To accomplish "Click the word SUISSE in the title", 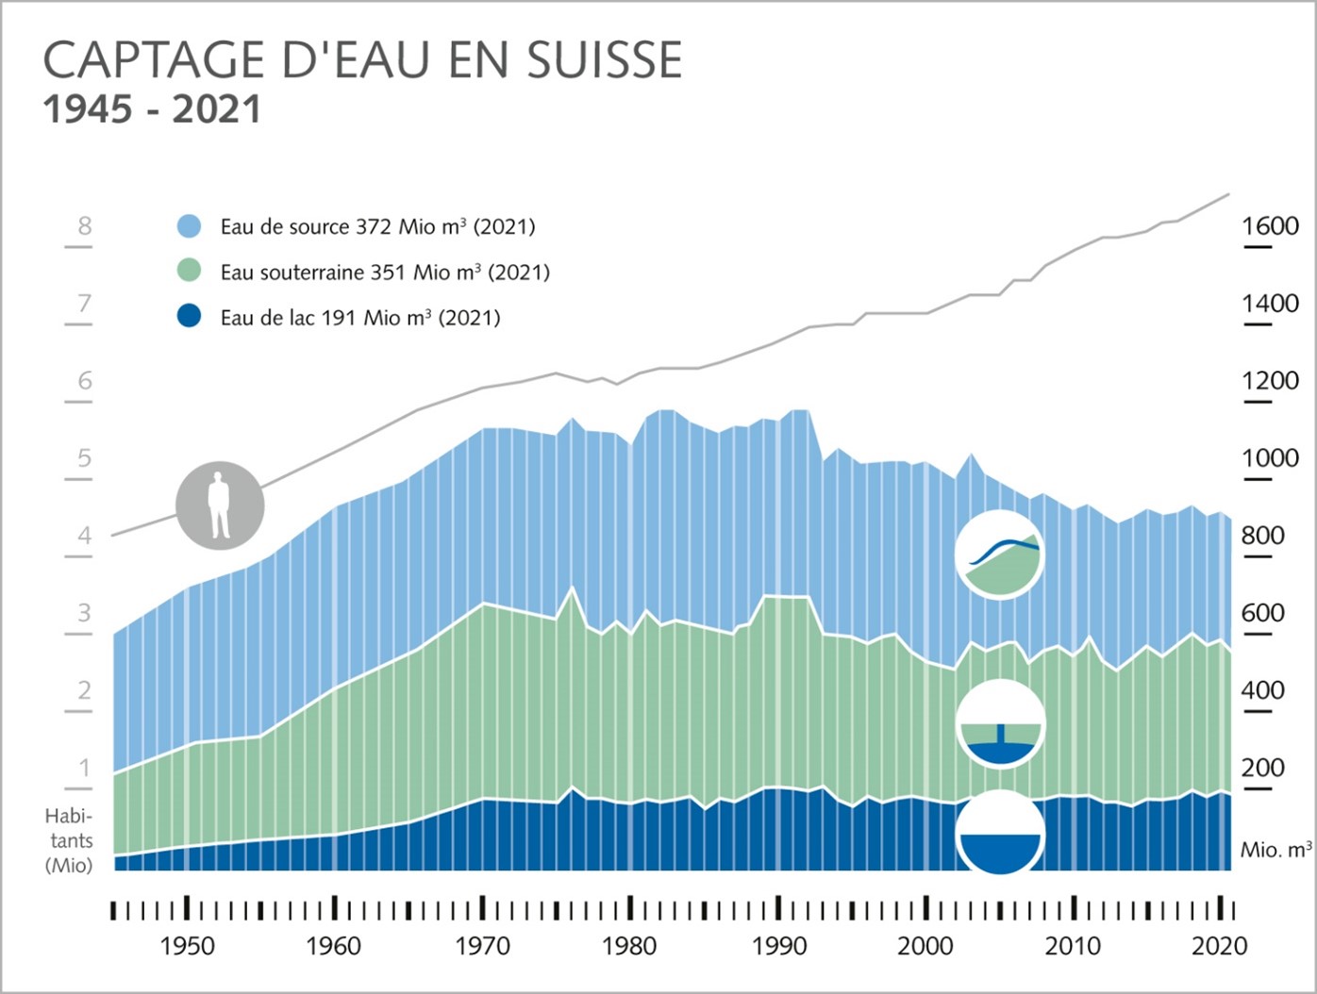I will click(604, 61).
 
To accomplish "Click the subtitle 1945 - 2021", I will click(152, 109).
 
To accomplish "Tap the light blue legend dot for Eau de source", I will click(190, 226).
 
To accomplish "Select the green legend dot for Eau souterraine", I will click(190, 272).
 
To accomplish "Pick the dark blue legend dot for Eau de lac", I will click(190, 317).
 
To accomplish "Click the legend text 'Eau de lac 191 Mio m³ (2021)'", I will click(360, 318).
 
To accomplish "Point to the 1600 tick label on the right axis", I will click(1270, 226).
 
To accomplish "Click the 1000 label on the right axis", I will click(1270, 458).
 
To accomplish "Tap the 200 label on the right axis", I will click(1263, 768).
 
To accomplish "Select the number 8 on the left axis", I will click(85, 226).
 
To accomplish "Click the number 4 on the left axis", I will click(85, 536).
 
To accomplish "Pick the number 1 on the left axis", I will click(85, 768).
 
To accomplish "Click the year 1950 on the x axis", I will click(187, 946).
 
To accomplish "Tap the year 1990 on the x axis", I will click(778, 946).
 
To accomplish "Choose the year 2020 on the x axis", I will click(1220, 946).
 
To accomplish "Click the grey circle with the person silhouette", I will click(220, 505).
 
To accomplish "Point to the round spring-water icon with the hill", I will click(1000, 555).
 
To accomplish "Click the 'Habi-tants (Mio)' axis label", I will click(69, 840).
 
